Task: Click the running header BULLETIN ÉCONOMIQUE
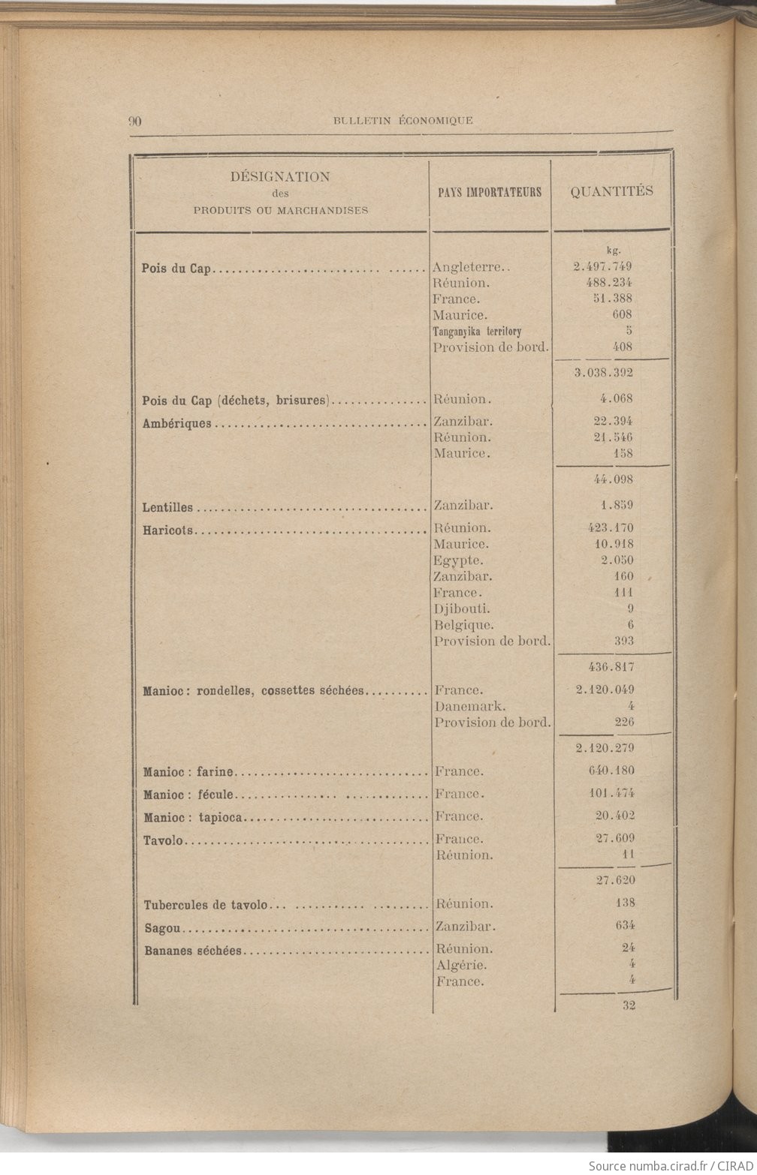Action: pyautogui.click(x=403, y=120)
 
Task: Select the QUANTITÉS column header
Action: pyautogui.click(x=611, y=191)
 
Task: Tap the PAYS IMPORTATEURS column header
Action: pyautogui.click(x=490, y=192)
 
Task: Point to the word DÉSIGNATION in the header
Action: pyautogui.click(x=280, y=177)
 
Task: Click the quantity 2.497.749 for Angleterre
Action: pyautogui.click(x=602, y=266)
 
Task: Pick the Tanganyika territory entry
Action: pyautogui.click(x=477, y=331)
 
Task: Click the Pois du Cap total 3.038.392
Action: pyautogui.click(x=604, y=372)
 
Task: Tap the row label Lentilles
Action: pyautogui.click(x=167, y=508)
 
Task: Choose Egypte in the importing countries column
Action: pyautogui.click(x=457, y=560)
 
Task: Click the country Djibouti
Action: pyautogui.click(x=462, y=609)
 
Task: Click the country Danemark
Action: pyautogui.click(x=470, y=706)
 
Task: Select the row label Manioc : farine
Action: pyautogui.click(x=188, y=771)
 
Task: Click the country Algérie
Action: pyautogui.click(x=461, y=965)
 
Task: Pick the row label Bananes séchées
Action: pyautogui.click(x=193, y=951)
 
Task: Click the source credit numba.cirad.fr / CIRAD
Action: pyautogui.click(x=671, y=1165)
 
